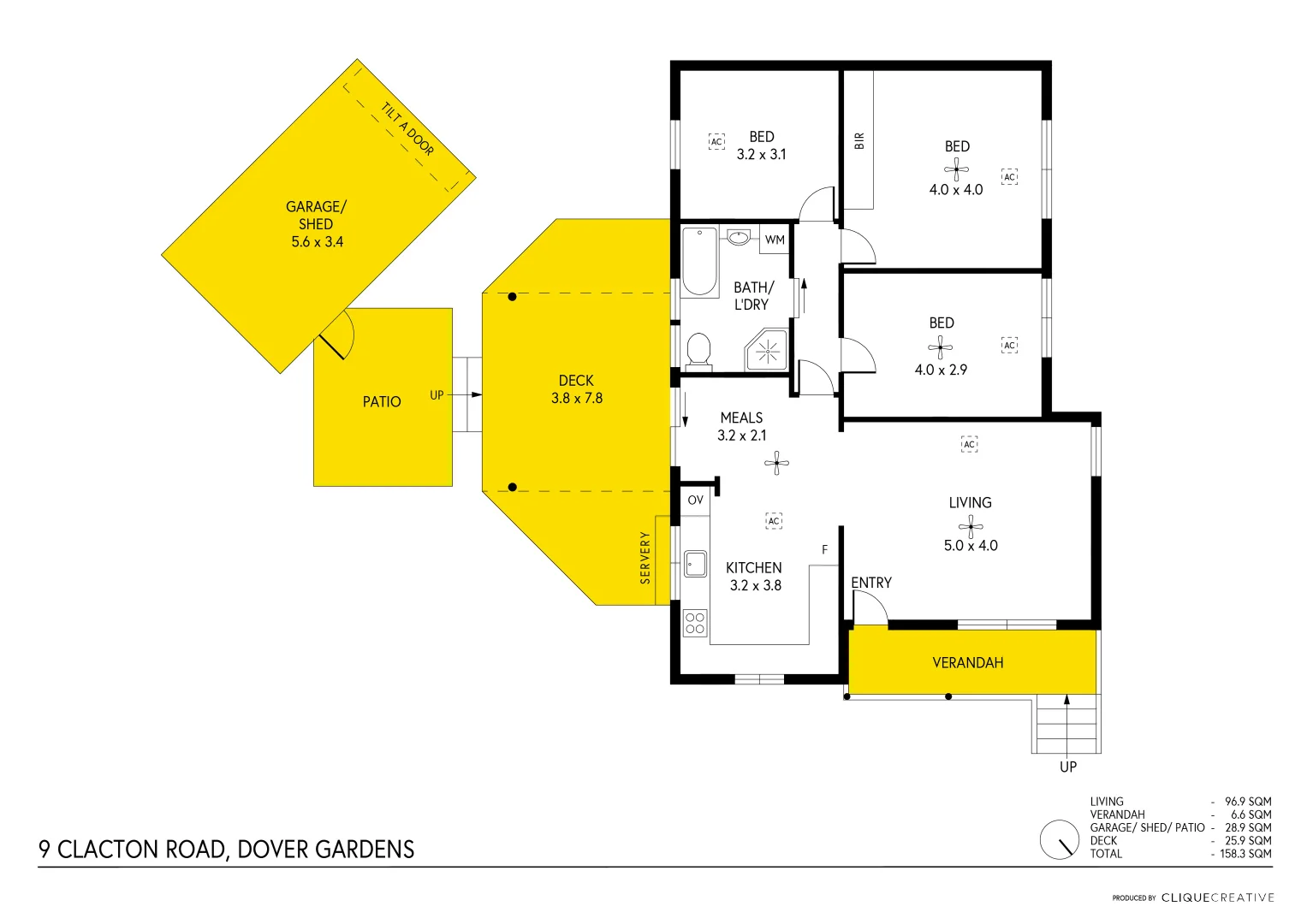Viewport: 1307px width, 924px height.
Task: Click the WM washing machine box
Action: point(775,240)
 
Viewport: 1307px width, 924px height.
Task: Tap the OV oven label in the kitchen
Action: point(695,500)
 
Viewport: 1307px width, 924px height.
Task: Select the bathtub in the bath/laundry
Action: point(699,261)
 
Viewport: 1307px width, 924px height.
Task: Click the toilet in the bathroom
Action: point(698,351)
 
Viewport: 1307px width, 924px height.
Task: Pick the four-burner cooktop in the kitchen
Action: point(695,623)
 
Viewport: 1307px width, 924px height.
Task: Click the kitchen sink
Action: point(695,564)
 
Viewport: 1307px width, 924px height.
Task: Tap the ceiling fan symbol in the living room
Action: point(970,525)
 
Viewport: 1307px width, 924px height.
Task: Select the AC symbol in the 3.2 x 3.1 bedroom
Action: point(716,142)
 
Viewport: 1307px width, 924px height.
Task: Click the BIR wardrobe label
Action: point(859,141)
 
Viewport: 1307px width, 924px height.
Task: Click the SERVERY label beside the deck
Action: point(645,558)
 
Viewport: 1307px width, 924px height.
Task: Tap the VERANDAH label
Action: point(967,663)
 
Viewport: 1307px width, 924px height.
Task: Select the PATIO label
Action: point(382,402)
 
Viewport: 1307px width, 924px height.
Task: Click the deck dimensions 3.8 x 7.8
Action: point(577,399)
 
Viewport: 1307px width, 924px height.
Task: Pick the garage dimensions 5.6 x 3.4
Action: point(317,242)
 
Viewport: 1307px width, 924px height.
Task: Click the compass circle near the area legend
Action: point(1060,840)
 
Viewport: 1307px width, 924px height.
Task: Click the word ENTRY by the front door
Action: point(871,583)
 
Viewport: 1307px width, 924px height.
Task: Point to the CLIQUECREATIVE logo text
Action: point(1217,897)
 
